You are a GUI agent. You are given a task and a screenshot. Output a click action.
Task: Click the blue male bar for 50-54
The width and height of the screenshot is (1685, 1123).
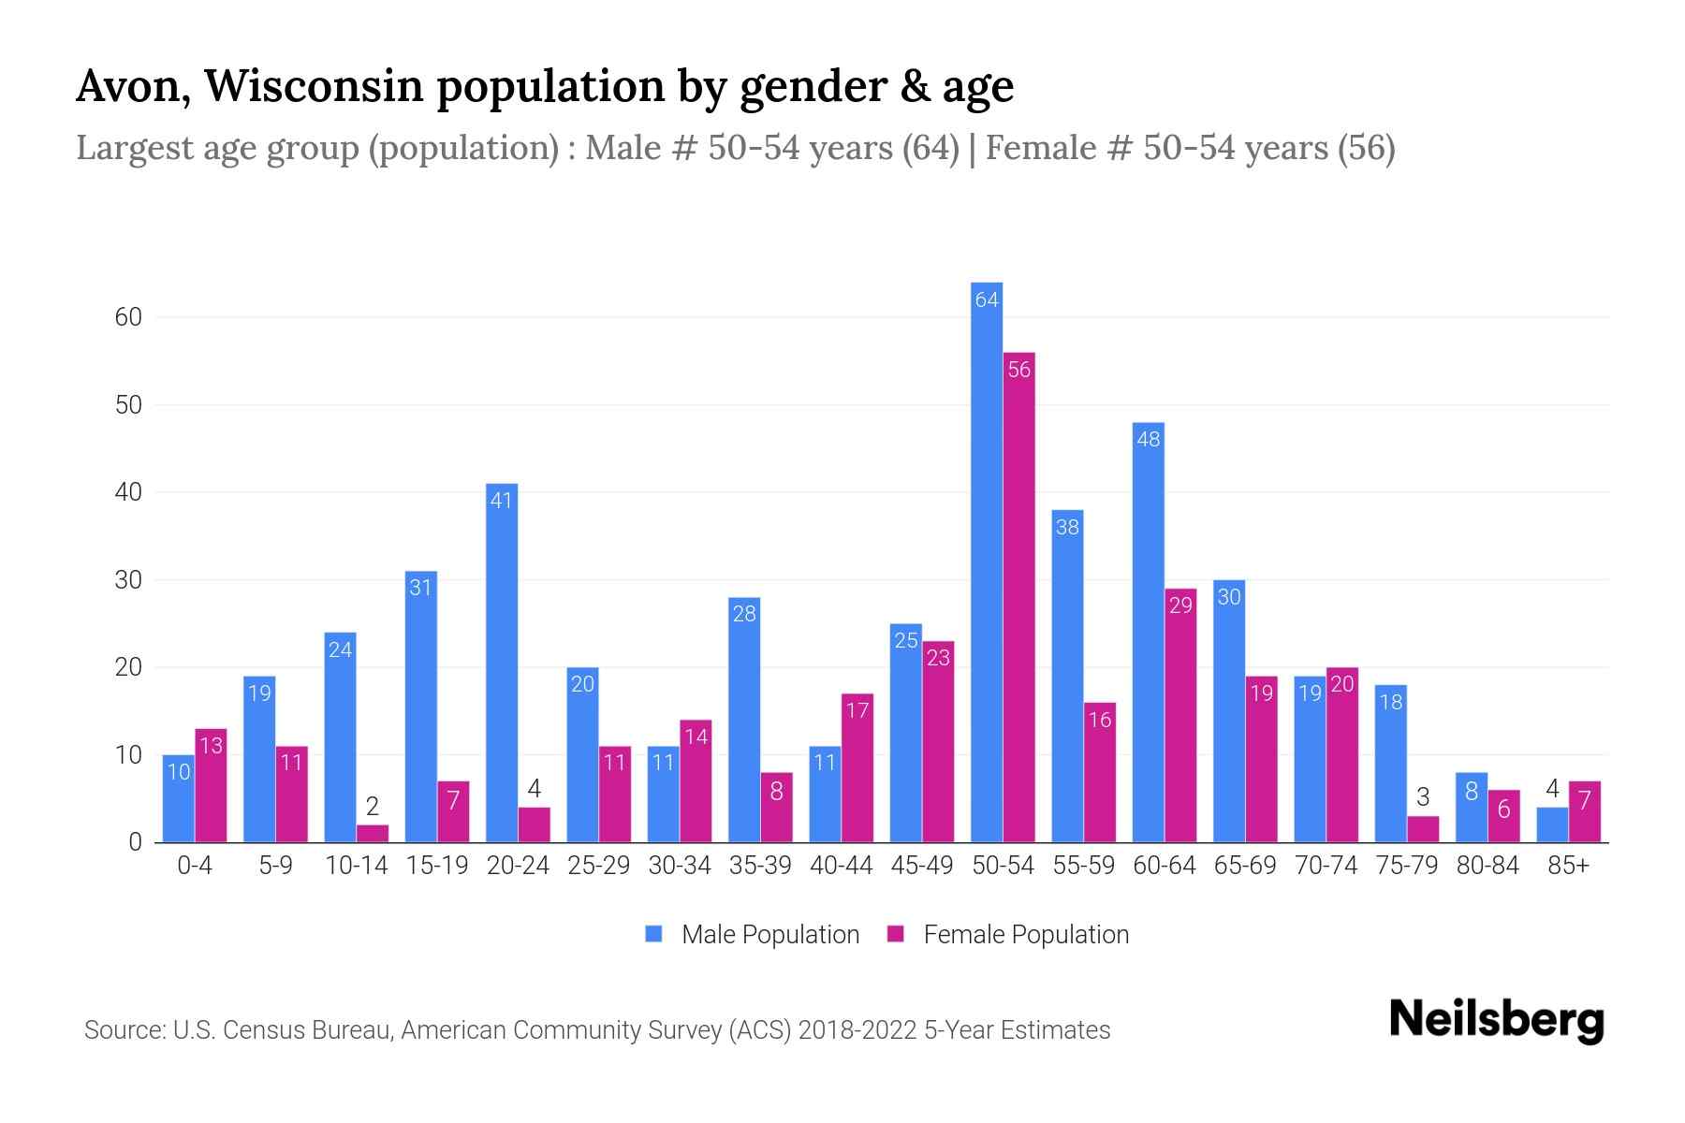pos(987,561)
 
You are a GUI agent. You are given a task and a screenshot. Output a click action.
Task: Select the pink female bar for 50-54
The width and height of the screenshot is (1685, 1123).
pos(1019,599)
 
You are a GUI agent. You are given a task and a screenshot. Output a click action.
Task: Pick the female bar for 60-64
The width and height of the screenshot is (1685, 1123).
pos(1180,716)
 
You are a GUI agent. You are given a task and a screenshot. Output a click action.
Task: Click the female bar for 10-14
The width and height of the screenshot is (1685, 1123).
pos(373,834)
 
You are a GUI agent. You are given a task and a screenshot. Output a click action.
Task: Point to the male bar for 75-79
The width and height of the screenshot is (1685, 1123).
pos(1390,764)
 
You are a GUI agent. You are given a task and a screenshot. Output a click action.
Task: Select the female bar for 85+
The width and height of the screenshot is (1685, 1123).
pos(1585,812)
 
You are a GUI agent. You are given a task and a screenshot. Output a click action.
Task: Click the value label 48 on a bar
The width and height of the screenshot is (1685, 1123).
pos(1149,439)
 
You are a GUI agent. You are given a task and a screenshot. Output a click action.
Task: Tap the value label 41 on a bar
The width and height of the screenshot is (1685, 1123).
pos(502,501)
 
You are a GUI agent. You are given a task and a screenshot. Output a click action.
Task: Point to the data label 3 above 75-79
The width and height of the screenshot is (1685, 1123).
pos(1423,797)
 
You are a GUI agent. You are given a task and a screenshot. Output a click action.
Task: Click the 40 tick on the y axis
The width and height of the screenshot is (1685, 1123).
pos(128,492)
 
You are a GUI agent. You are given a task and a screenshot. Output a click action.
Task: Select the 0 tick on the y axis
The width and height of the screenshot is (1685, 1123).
pos(135,842)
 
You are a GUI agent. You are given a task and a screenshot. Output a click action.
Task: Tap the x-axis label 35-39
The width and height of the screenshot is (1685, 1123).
pos(760,866)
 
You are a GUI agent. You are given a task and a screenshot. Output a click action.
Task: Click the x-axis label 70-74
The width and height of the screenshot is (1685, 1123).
pos(1326,866)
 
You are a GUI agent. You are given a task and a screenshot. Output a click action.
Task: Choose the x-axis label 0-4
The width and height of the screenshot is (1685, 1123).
pos(195,866)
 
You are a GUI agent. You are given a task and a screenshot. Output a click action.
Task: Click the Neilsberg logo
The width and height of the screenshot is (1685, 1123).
pos(1496,1020)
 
